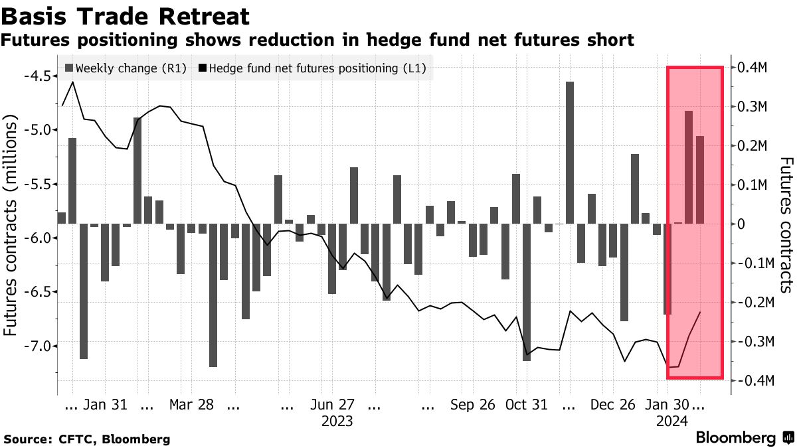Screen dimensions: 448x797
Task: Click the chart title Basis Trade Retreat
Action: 127,16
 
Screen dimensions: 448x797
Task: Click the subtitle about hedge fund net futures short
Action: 317,40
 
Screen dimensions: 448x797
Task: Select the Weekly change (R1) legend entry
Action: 126,68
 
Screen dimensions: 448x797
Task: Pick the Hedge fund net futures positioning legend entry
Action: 311,68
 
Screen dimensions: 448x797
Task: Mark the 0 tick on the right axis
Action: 739,224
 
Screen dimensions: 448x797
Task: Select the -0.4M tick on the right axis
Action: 753,380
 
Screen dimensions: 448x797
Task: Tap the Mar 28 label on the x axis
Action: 191,404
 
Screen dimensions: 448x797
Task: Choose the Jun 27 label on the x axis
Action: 332,404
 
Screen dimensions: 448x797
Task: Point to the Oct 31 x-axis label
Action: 526,404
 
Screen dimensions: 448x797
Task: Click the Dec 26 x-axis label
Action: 613,404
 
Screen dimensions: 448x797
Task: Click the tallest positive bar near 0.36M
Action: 569,153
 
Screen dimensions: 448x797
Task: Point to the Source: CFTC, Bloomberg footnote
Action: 87,439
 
